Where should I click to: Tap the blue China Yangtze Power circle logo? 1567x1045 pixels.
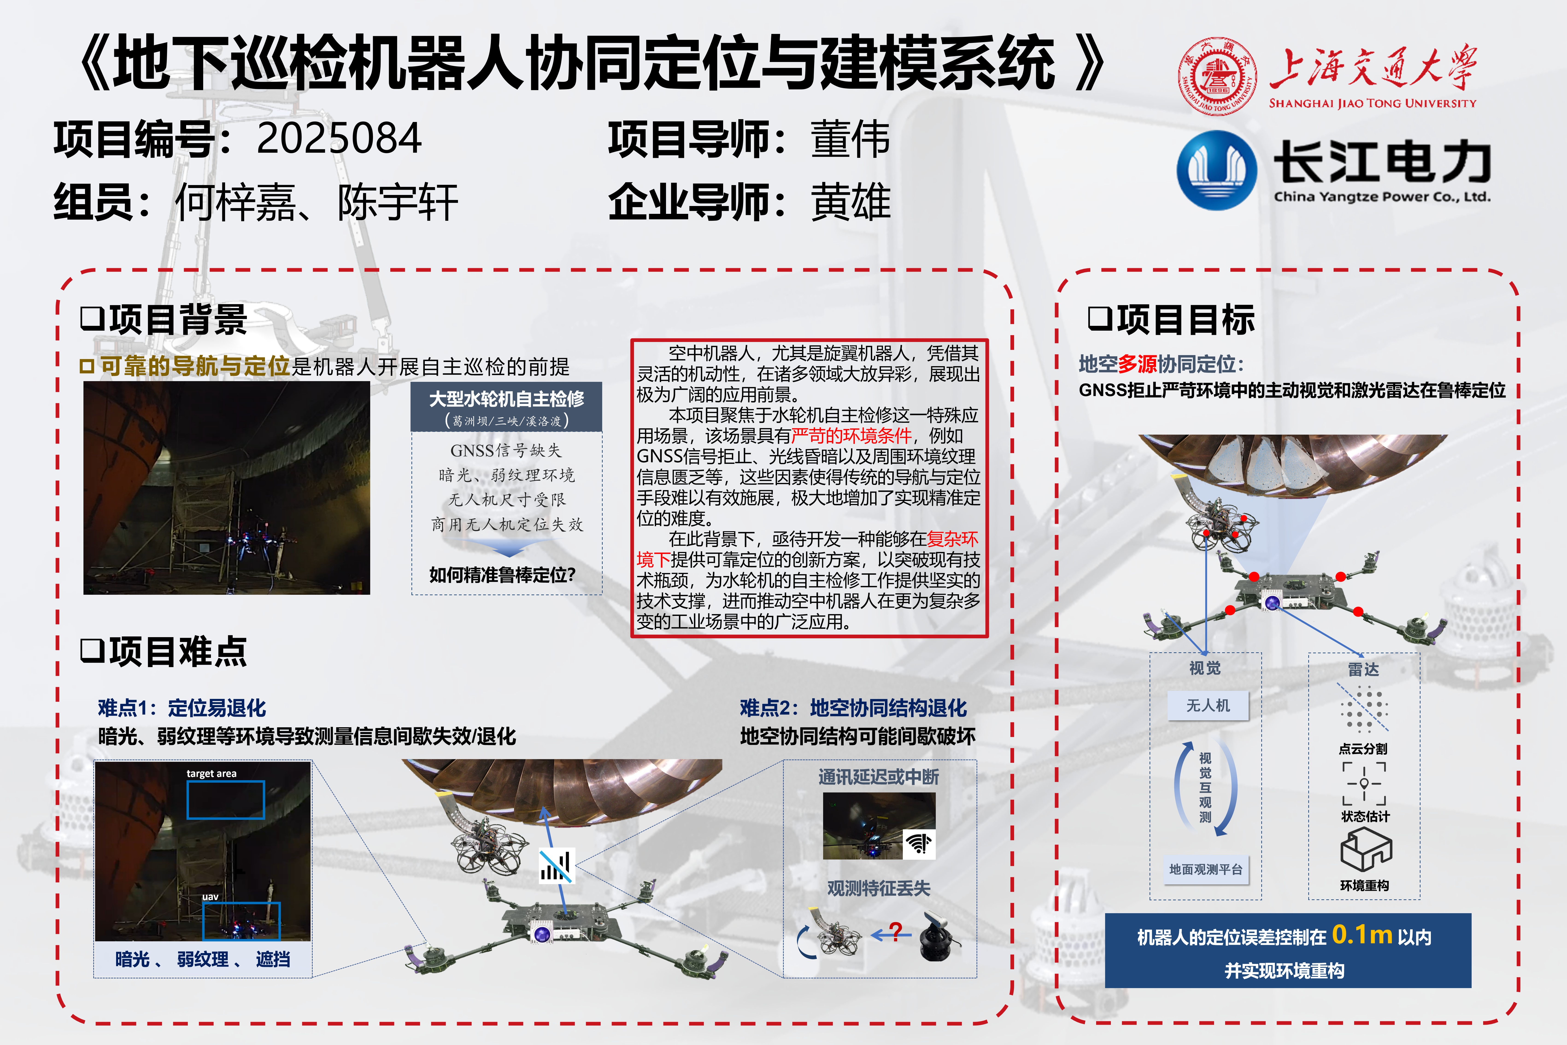pos(1217,170)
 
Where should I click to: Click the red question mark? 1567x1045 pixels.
pos(896,930)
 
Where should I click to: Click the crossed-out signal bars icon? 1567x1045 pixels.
pos(556,865)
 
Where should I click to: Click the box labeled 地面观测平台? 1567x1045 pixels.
pos(1206,869)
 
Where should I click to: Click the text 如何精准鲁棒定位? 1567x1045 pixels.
pos(502,574)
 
